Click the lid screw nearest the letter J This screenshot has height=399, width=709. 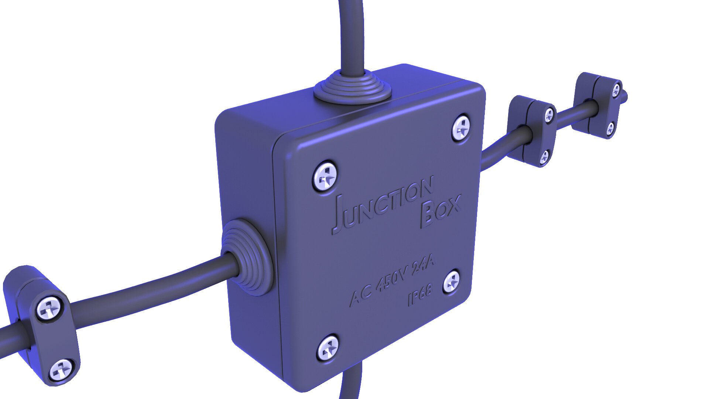click(x=325, y=176)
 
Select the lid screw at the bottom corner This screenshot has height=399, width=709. click(x=328, y=347)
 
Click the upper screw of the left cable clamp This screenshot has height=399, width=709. click(x=49, y=308)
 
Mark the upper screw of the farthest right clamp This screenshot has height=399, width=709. click(x=616, y=90)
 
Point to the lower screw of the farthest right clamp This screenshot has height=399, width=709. click(x=611, y=128)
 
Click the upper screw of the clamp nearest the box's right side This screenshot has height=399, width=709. click(x=549, y=115)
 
